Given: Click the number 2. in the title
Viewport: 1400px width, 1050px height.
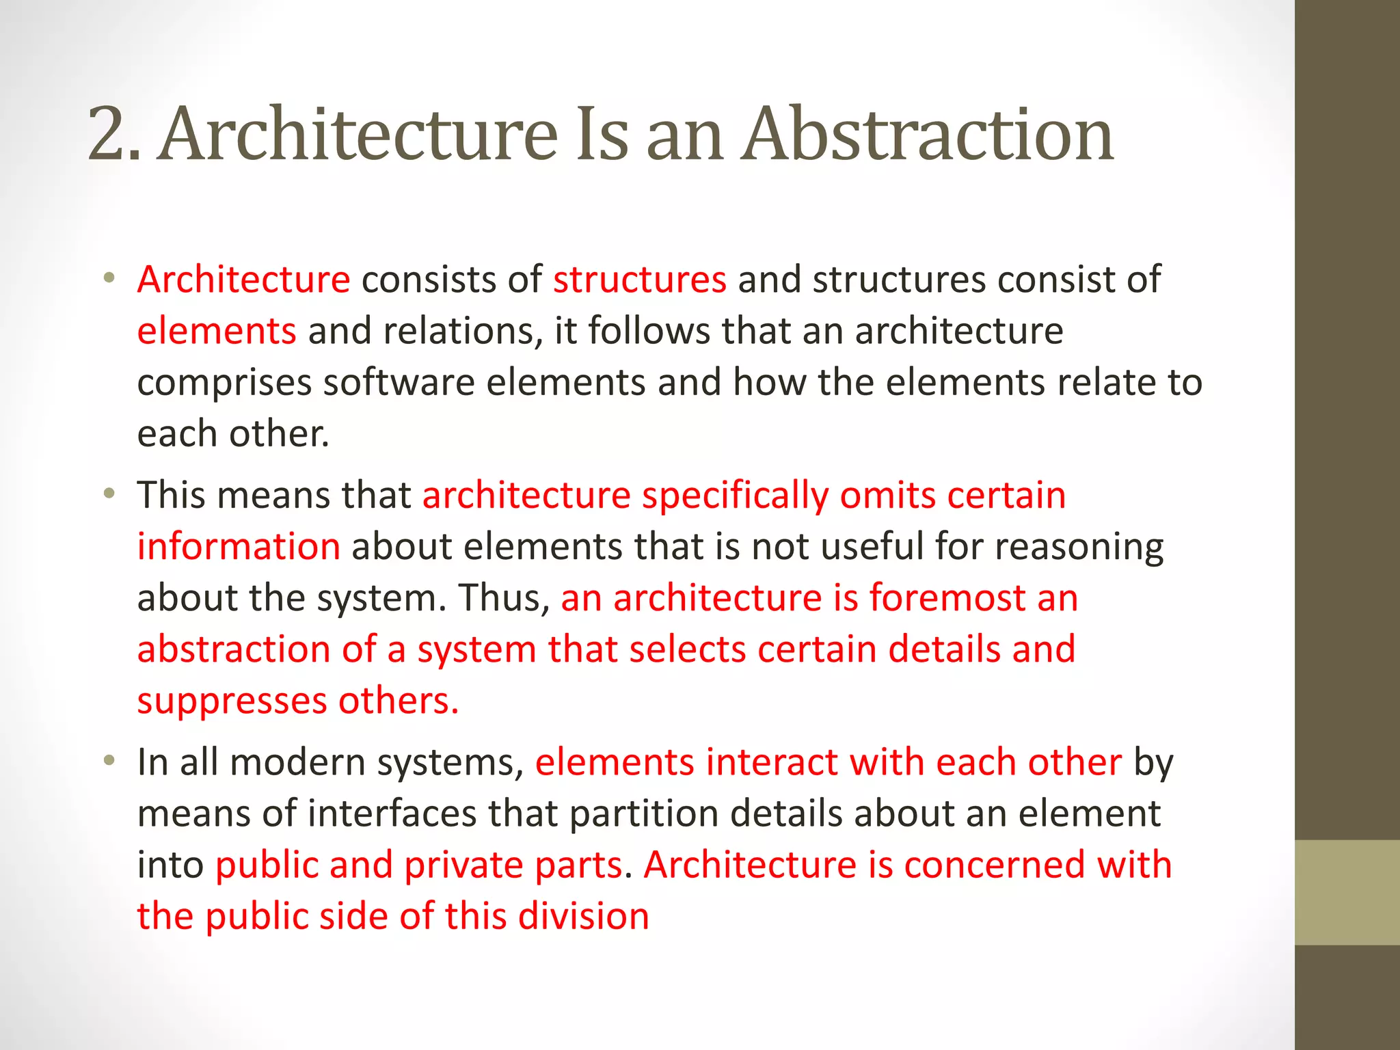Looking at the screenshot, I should tap(113, 135).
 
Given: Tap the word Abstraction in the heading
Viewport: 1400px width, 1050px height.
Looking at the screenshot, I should tap(929, 135).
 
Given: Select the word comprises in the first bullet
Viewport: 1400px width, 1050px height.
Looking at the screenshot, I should tap(224, 383).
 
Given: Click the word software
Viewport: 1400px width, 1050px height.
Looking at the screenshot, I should tap(399, 382).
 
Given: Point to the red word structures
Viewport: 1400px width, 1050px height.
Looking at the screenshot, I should tap(639, 280).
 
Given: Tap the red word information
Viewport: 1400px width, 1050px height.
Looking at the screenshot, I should tap(239, 547).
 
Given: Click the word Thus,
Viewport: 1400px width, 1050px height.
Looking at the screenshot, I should tap(504, 598).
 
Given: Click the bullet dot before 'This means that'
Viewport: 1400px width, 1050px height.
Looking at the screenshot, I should tap(109, 494).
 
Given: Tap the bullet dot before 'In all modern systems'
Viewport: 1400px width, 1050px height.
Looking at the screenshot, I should tap(109, 761).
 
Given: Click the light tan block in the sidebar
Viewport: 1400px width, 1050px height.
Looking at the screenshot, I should tap(1347, 892).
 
